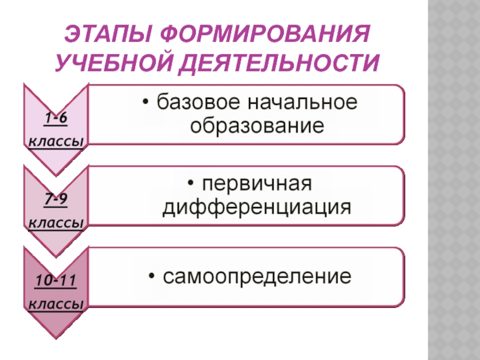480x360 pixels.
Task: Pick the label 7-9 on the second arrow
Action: [55, 199]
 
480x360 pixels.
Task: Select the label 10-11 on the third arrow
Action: [55, 280]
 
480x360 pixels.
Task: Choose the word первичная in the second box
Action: [258, 183]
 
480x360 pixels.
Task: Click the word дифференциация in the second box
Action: [257, 208]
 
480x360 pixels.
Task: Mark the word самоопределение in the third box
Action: [257, 277]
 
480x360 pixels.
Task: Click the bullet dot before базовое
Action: [147, 103]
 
